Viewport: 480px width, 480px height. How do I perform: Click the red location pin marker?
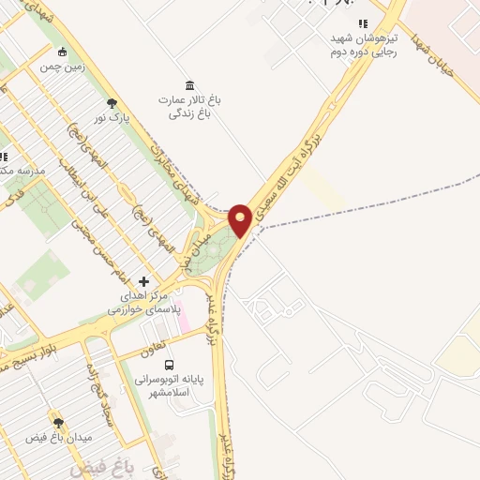click(240, 218)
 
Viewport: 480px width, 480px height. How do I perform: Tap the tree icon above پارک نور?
click(112, 102)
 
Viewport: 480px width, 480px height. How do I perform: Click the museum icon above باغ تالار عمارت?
click(190, 85)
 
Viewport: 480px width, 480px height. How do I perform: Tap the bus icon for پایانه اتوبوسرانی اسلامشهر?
click(169, 364)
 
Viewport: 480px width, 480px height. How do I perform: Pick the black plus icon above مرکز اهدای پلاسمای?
click(142, 280)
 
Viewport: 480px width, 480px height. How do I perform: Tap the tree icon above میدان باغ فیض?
click(59, 423)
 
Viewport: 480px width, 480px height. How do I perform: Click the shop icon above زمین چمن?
click(63, 52)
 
